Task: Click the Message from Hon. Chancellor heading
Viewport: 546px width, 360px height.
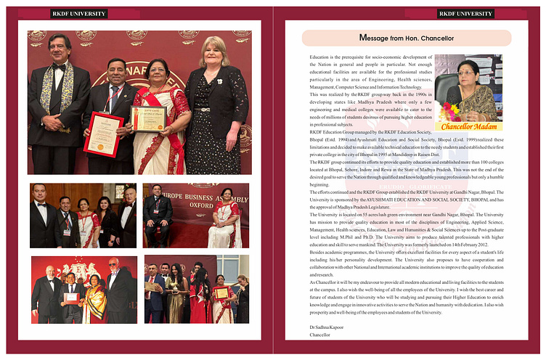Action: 407,37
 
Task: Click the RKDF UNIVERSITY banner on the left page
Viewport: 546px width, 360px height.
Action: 79,13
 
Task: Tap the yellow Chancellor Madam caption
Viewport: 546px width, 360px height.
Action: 468,126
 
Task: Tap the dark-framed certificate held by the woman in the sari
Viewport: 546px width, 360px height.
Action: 148,118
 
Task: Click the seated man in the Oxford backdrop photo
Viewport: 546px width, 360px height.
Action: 158,218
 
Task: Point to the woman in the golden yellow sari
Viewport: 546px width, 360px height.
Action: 95,296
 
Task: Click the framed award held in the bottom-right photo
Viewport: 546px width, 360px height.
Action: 221,293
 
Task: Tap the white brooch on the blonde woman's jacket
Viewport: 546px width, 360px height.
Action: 219,81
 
